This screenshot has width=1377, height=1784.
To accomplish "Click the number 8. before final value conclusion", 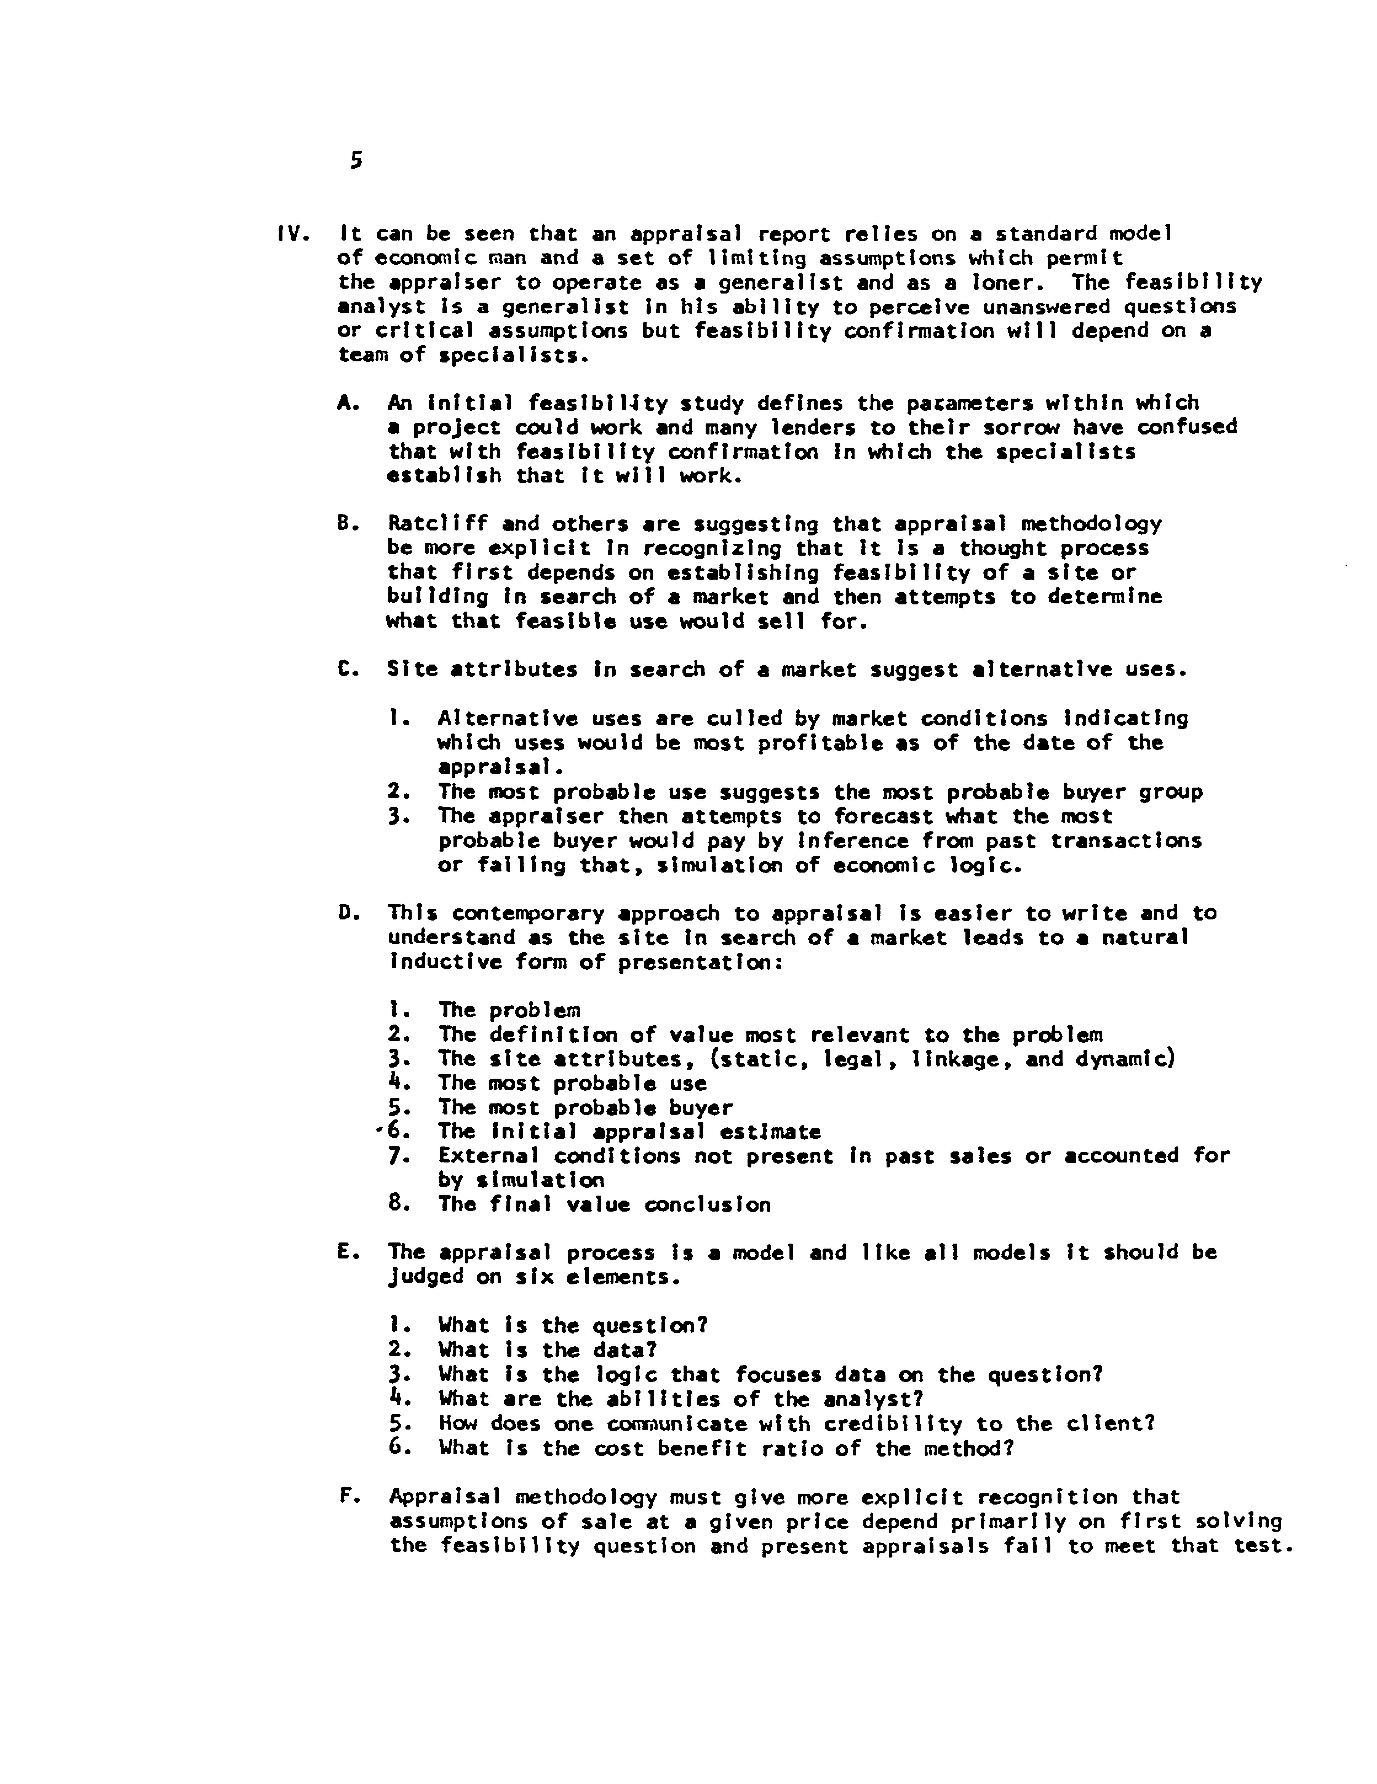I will (x=399, y=1204).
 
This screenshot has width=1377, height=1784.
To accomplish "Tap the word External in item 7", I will (x=488, y=1156).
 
